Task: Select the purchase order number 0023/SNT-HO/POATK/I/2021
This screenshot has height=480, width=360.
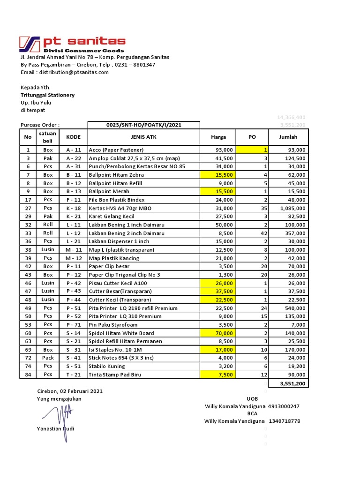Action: coord(143,125)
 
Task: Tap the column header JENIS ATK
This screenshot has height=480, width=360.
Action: coord(143,137)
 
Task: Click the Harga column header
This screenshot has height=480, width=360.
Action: coord(218,137)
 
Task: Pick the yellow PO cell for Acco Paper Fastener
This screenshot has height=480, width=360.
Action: coord(252,150)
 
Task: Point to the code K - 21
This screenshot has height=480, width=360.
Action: coord(74,217)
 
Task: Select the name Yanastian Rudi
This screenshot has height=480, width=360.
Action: coord(55,428)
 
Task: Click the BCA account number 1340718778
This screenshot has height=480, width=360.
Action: coord(285,421)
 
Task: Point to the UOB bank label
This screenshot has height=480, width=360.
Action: coord(252,398)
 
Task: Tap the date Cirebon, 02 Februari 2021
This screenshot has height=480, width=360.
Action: coord(70,391)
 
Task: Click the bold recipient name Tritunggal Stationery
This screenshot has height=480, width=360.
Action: coord(47,95)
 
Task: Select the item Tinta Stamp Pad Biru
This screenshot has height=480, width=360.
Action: coord(114,375)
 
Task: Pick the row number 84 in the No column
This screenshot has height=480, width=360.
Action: coord(28,375)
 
